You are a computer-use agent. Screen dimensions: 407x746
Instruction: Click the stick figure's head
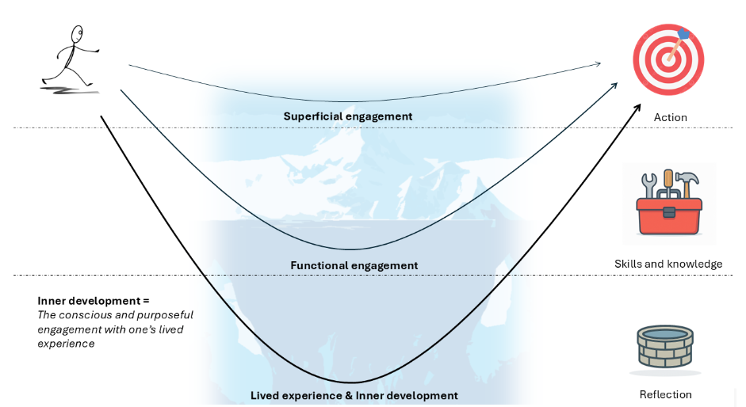click(x=77, y=34)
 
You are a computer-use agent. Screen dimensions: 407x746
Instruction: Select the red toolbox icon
click(x=669, y=214)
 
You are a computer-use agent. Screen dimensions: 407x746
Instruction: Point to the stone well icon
click(x=665, y=348)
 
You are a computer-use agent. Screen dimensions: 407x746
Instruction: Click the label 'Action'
click(x=670, y=118)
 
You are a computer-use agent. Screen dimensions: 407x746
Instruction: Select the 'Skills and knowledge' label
click(x=668, y=264)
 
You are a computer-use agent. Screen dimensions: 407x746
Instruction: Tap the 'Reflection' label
click(x=665, y=394)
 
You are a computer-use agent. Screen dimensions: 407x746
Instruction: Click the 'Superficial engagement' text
click(x=348, y=116)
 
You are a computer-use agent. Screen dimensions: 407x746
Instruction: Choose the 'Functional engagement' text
click(x=354, y=265)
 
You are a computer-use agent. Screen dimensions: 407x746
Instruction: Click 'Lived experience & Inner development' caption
click(x=354, y=395)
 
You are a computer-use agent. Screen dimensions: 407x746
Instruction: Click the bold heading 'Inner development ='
click(x=94, y=301)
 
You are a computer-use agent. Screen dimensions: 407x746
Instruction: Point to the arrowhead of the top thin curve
click(x=597, y=63)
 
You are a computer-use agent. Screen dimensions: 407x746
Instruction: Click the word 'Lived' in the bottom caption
click(x=265, y=395)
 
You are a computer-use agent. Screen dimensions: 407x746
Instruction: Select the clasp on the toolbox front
click(x=669, y=212)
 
